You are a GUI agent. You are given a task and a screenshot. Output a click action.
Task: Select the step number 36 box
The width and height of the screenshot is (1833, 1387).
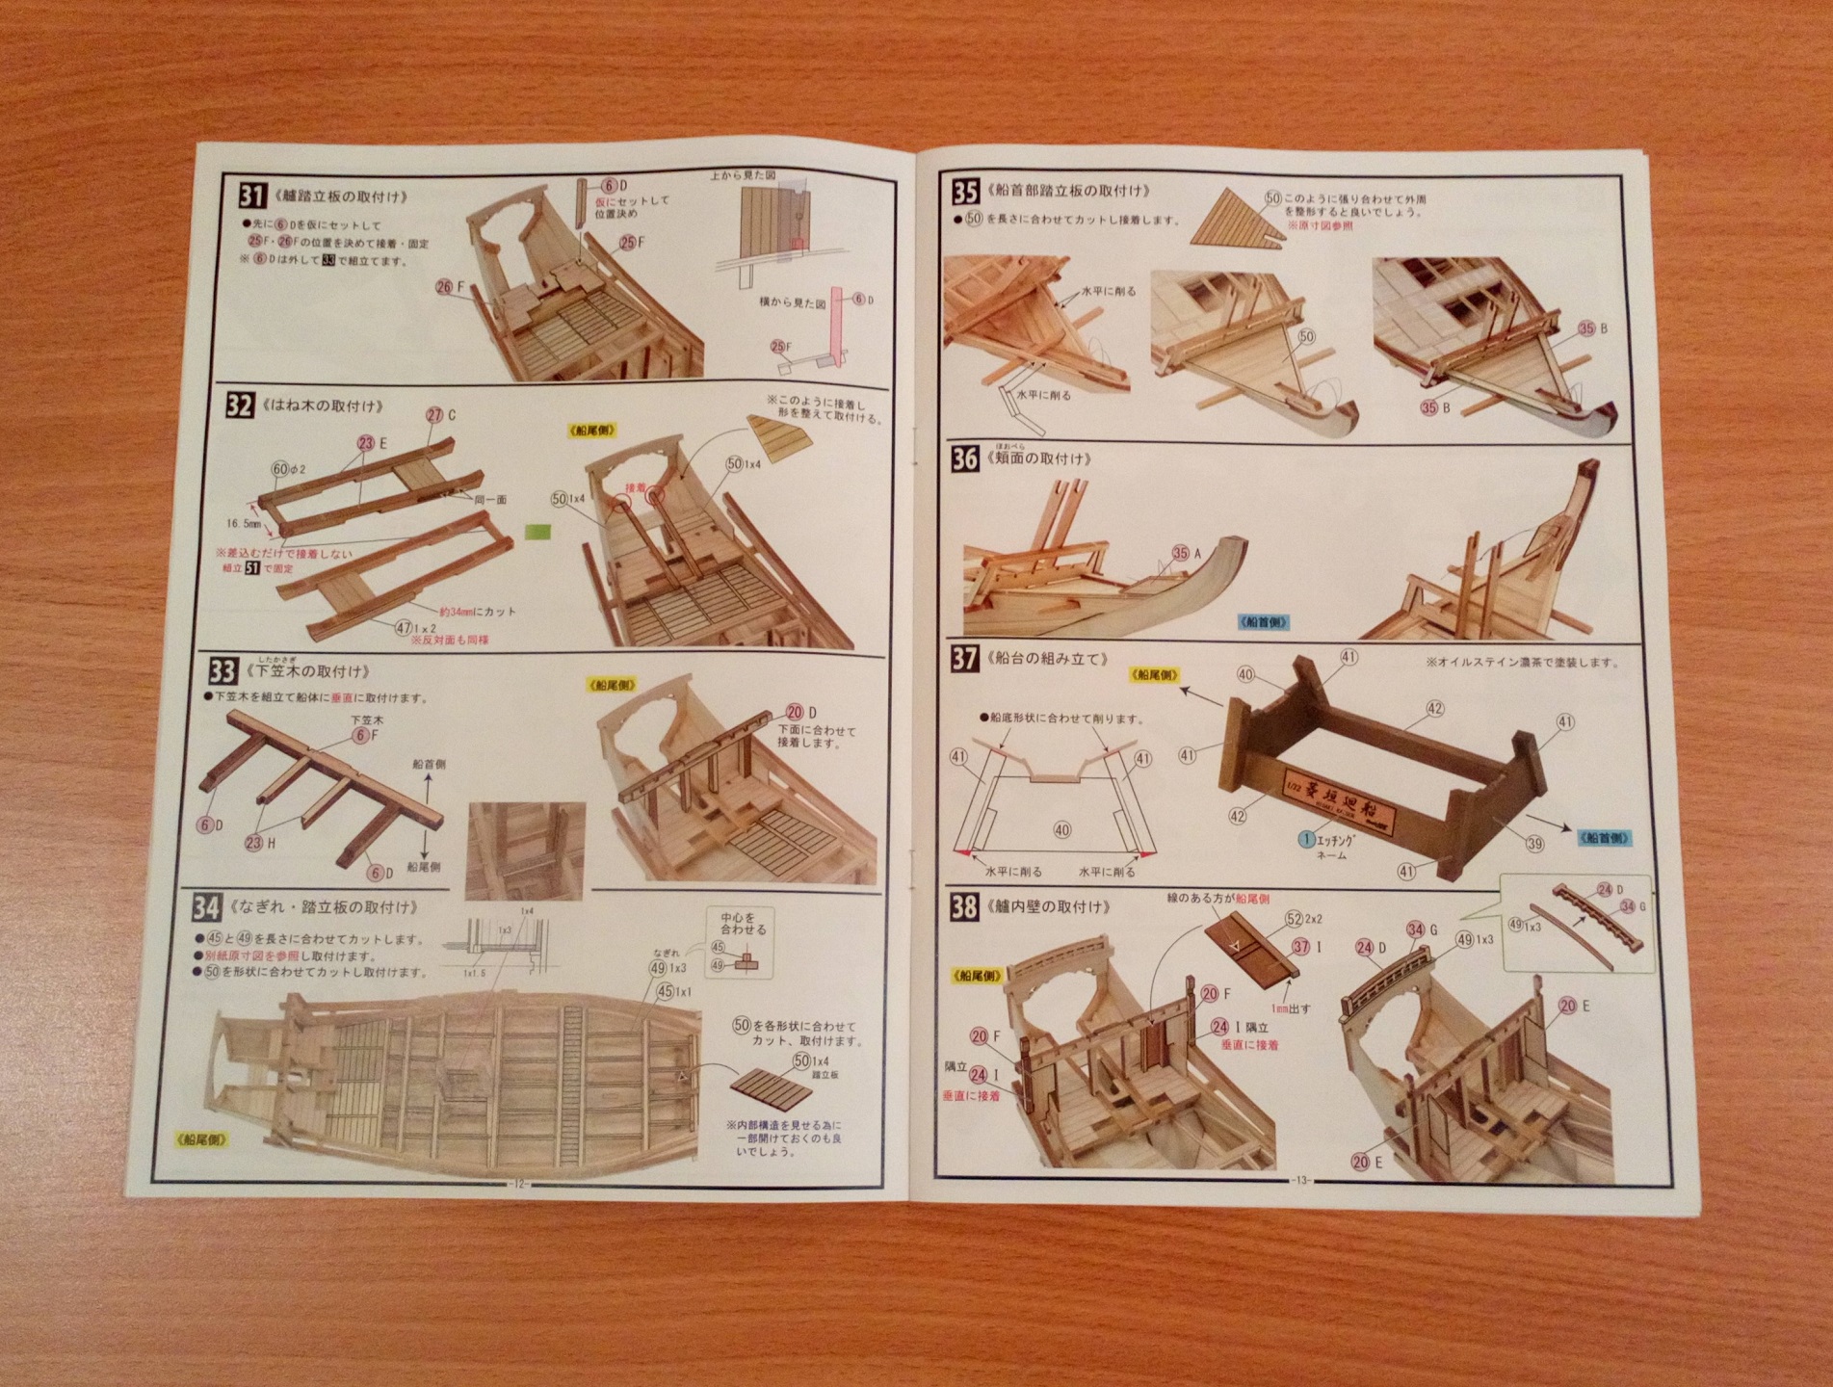pyautogui.click(x=965, y=458)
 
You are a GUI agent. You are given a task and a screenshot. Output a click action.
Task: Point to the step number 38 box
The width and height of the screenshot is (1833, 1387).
pyautogui.click(x=964, y=907)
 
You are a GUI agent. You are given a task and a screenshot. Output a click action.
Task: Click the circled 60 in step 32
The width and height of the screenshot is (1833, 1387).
pyautogui.click(x=279, y=469)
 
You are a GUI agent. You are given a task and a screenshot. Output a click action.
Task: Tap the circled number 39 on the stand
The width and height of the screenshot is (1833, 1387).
pyautogui.click(x=1534, y=843)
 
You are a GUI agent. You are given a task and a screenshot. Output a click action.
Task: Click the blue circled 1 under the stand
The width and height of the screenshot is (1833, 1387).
pyautogui.click(x=1307, y=838)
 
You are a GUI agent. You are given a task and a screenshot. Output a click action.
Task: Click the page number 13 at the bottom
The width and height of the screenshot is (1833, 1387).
pyautogui.click(x=1300, y=1182)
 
